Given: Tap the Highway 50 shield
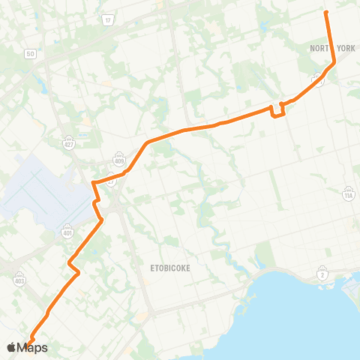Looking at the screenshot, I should tap(30, 55).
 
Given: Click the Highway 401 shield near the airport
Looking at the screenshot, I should tap(67, 232).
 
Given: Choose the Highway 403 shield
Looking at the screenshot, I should tap(19, 277).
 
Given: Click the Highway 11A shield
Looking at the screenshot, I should tap(348, 195).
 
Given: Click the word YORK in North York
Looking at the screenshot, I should tap(345, 48).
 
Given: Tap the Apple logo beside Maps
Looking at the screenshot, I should tap(10, 347).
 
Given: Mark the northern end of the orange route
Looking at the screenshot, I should tap(325, 12).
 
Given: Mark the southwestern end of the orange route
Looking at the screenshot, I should tap(30, 342).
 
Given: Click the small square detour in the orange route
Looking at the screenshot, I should tap(277, 110).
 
